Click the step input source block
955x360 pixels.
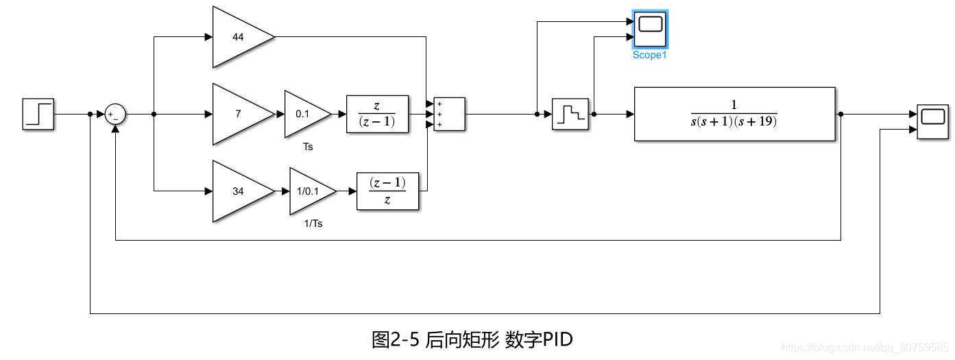click(39, 114)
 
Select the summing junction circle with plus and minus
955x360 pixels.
click(115, 115)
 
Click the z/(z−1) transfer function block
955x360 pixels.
click(377, 114)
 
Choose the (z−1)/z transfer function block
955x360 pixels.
click(387, 191)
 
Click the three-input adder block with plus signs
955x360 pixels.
click(449, 114)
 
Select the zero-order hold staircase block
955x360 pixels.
click(570, 114)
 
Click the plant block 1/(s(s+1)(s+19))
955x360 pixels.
click(734, 114)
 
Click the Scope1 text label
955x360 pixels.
click(649, 56)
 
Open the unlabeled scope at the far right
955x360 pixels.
click(932, 122)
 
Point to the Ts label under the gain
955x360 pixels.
click(308, 147)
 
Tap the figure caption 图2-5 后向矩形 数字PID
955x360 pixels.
click(472, 339)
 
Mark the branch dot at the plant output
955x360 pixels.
click(841, 115)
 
